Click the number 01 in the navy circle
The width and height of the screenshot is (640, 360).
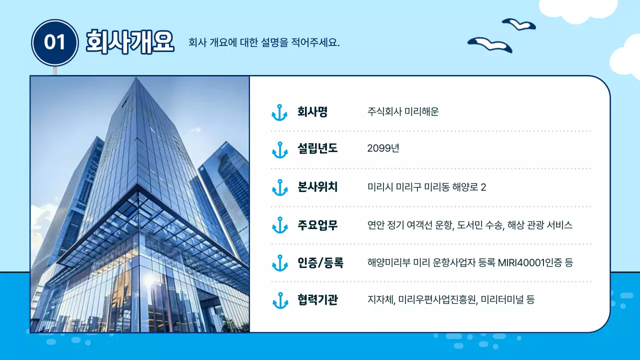pyautogui.click(x=55, y=42)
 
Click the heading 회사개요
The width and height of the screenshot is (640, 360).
pyautogui.click(x=129, y=41)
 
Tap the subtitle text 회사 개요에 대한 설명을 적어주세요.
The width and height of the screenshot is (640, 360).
pyautogui.click(x=264, y=42)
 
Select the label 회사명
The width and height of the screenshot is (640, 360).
pyautogui.click(x=312, y=112)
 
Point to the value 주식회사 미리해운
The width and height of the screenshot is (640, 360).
pyautogui.click(x=402, y=112)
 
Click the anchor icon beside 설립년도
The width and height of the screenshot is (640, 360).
pyautogui.click(x=279, y=149)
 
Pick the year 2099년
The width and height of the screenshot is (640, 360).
pyautogui.click(x=383, y=148)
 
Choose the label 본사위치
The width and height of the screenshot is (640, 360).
pyautogui.click(x=317, y=187)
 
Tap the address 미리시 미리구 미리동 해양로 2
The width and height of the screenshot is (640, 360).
pyautogui.click(x=426, y=187)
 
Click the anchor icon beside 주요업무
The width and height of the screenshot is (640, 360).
pyautogui.click(x=279, y=225)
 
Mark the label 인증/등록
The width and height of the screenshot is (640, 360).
pyautogui.click(x=320, y=262)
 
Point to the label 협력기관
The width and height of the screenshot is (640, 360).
pyautogui.click(x=317, y=300)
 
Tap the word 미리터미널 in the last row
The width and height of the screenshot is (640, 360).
pyautogui.click(x=502, y=300)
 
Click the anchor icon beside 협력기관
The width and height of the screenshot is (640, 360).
pyautogui.click(x=279, y=300)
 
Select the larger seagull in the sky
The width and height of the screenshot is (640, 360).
pyautogui.click(x=490, y=44)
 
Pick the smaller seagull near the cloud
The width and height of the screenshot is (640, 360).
pyautogui.click(x=518, y=23)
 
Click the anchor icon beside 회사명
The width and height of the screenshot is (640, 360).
pyautogui.click(x=279, y=112)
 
